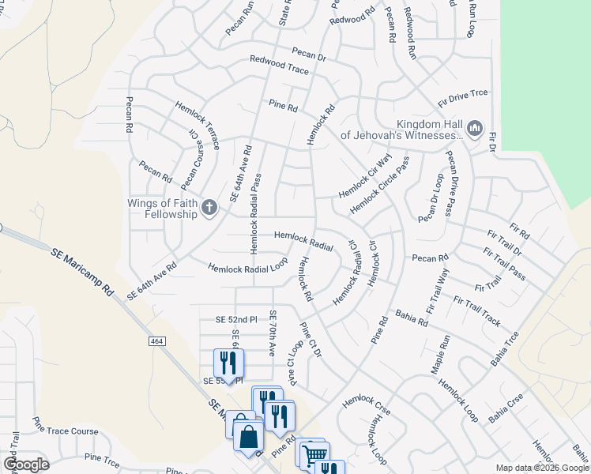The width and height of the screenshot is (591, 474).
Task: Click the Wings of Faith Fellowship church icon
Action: pos(209,208)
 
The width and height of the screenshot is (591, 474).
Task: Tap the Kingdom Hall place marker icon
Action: pos(475,129)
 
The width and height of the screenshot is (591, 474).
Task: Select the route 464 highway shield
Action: pos(155,340)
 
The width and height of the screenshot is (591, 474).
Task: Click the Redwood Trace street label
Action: pos(279,65)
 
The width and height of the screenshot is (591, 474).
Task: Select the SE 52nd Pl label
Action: pos(237,320)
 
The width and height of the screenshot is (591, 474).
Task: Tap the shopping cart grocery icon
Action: pos(314,454)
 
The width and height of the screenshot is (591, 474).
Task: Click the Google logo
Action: pos(26,464)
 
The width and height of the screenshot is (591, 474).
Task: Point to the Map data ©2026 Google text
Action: pos(542,468)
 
